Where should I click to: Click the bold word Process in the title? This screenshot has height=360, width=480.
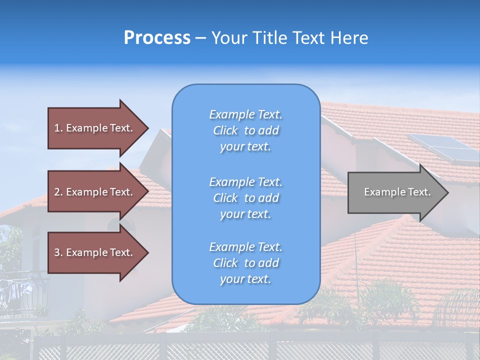[157, 38]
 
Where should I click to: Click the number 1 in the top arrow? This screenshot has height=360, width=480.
[57, 128]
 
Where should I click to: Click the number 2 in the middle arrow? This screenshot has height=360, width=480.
[57, 192]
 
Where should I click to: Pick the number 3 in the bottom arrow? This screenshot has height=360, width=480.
[57, 252]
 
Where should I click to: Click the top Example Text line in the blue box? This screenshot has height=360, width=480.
[245, 114]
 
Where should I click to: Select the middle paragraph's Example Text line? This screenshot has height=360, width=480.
[245, 182]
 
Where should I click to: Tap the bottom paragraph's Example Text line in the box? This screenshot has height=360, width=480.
[245, 247]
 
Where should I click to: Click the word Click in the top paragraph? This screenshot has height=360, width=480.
[225, 130]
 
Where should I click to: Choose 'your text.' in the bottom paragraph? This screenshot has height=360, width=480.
[245, 279]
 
